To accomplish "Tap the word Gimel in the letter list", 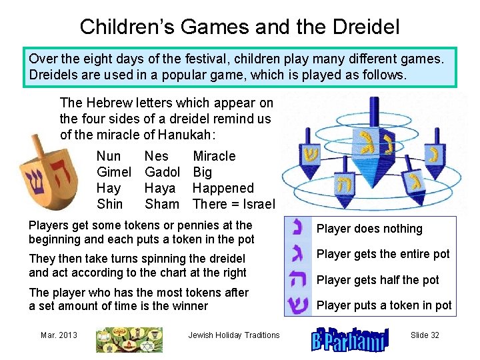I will (113, 172).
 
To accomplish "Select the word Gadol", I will (162, 172).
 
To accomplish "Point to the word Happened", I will (223, 188).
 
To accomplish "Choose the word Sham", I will (162, 204).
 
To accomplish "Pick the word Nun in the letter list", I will (109, 156).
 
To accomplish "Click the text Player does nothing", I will (369, 229).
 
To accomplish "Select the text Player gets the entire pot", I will (383, 254).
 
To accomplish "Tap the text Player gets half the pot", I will (378, 280).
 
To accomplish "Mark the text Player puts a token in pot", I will (384, 305).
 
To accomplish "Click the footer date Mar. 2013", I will (59, 335).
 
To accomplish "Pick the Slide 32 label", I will (425, 335).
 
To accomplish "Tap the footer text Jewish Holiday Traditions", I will (234, 335).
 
